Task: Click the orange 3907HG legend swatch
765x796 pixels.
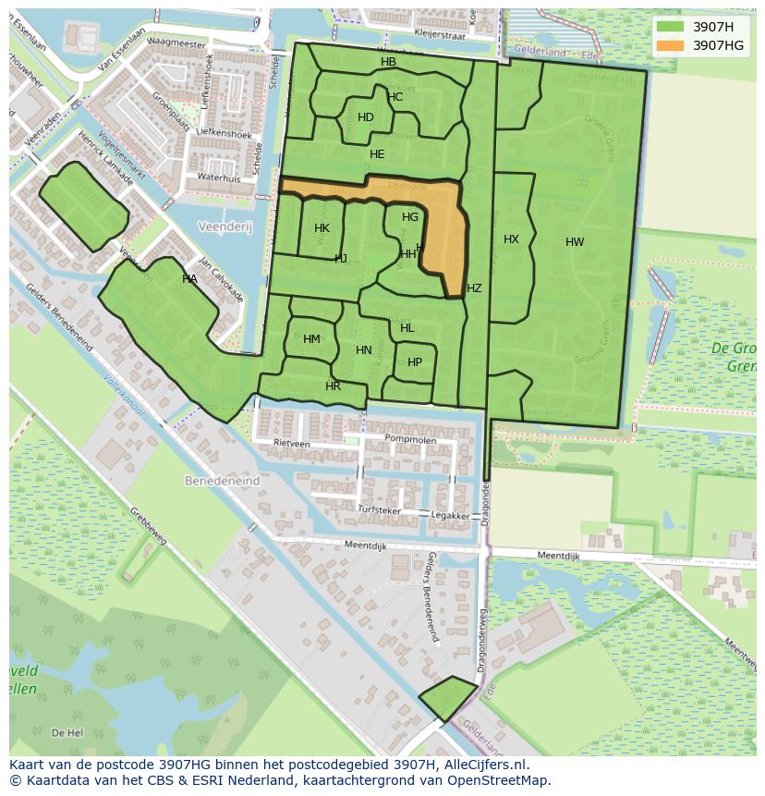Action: (671, 45)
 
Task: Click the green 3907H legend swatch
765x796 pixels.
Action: (671, 27)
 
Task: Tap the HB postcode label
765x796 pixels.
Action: (388, 62)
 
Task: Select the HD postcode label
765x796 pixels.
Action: (366, 117)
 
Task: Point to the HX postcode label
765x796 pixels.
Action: (511, 239)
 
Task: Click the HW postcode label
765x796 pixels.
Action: (575, 242)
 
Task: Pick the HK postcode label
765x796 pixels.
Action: (322, 228)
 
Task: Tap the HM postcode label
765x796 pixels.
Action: (311, 339)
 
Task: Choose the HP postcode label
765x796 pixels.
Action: (415, 362)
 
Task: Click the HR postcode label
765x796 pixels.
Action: (333, 386)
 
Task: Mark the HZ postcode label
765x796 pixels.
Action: (474, 288)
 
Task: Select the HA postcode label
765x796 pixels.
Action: (189, 279)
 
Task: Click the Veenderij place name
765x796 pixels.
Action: (224, 227)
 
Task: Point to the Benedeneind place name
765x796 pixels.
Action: (223, 482)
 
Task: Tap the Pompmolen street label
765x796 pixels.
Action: (409, 440)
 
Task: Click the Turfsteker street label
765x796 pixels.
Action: (381, 509)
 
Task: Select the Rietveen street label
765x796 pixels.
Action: (292, 443)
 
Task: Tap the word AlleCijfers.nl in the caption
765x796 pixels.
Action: (483, 765)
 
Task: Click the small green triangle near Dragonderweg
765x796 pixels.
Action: (449, 698)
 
